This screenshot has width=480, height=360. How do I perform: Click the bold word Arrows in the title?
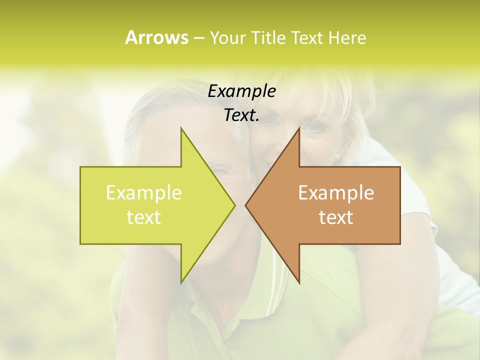(156, 37)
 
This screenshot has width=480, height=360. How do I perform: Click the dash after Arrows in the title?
(198, 38)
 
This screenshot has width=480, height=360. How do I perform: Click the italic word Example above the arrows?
(241, 91)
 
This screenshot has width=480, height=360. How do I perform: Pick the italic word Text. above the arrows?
(241, 115)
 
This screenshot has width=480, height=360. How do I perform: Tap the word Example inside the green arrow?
(144, 193)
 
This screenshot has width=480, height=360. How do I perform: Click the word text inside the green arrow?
(144, 217)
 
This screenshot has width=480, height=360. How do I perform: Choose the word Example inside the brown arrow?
(336, 193)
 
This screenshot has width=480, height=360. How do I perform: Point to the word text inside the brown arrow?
(336, 217)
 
